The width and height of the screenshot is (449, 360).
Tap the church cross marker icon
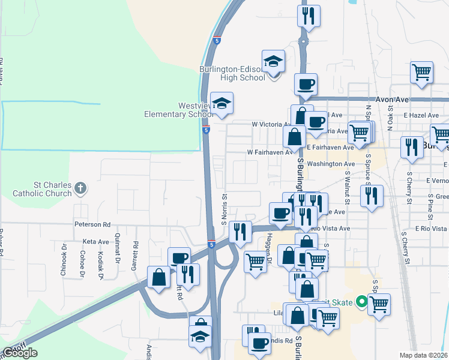click(x=80, y=190)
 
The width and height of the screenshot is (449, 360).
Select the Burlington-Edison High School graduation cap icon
click(x=273, y=61)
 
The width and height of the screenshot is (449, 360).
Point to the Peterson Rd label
click(x=92, y=224)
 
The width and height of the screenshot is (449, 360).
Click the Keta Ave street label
click(x=96, y=241)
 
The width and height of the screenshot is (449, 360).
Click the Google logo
click(x=20, y=353)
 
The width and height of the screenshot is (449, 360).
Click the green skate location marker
click(x=361, y=301)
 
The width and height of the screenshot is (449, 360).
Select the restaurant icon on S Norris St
click(x=241, y=230)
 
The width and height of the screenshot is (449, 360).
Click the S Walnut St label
click(x=348, y=187)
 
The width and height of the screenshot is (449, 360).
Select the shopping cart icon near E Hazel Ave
click(x=421, y=72)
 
